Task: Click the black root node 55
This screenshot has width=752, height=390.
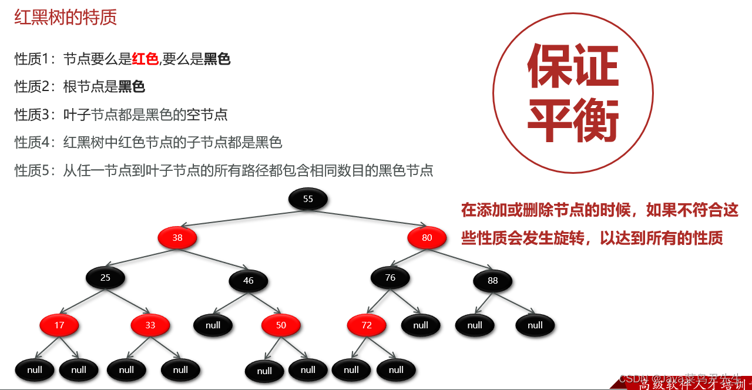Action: [x=308, y=199]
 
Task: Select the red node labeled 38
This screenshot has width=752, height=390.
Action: [x=177, y=238]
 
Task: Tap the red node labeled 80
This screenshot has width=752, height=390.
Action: [x=427, y=238]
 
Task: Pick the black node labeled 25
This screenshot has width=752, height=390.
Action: [x=105, y=277]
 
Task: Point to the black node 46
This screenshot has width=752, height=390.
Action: [x=249, y=281]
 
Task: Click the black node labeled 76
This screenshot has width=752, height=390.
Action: [x=390, y=277]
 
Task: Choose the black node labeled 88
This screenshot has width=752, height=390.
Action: [x=492, y=281]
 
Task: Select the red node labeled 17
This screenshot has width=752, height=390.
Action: [x=59, y=325]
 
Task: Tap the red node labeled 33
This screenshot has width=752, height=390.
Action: [x=150, y=325]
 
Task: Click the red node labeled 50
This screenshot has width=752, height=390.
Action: [x=281, y=325]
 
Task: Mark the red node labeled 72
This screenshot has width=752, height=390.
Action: [x=367, y=325]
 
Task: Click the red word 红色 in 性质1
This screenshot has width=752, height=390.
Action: [x=145, y=59]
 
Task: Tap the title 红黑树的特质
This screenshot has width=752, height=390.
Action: [x=65, y=17]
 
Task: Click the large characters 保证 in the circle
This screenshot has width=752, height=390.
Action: [x=573, y=66]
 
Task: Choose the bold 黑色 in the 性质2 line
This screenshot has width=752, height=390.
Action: [x=132, y=87]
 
